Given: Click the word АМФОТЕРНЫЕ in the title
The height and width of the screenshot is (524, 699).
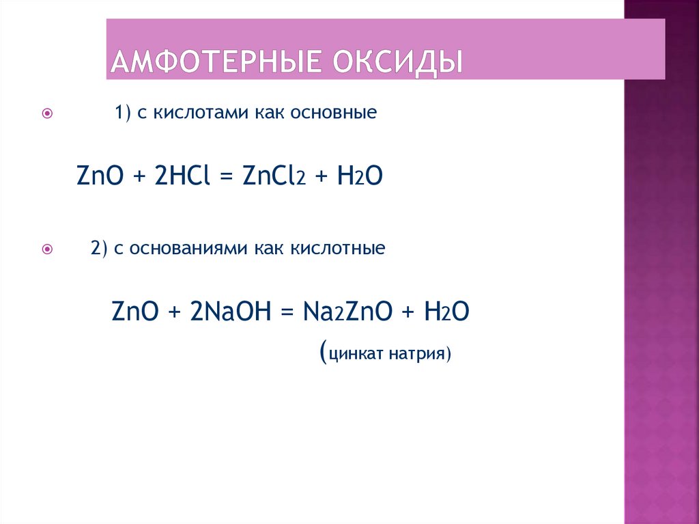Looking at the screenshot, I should pyautogui.click(x=215, y=62).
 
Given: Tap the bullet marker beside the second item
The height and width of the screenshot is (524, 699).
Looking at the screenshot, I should pyautogui.click(x=47, y=249).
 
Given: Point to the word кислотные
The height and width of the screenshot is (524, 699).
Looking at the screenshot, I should pyautogui.click(x=345, y=247).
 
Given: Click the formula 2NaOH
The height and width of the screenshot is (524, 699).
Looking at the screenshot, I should pyautogui.click(x=226, y=313).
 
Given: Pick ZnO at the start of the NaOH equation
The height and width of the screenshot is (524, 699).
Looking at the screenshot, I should pyautogui.click(x=137, y=313).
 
